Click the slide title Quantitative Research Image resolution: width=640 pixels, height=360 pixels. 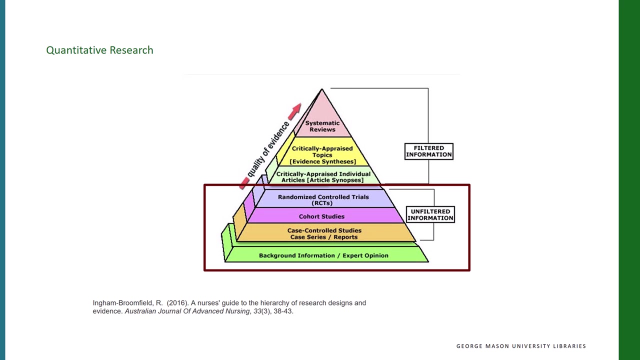99,50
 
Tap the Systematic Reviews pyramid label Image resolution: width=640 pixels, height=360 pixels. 322,126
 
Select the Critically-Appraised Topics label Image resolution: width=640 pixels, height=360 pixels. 322,151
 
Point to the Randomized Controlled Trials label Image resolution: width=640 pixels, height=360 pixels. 323,197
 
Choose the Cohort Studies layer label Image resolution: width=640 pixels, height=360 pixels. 321,216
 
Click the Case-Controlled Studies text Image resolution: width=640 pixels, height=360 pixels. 324,230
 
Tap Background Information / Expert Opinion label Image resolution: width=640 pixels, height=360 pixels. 323,255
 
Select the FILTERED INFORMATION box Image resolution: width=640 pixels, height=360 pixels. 428,151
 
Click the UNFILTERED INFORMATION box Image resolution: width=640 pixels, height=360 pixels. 430,214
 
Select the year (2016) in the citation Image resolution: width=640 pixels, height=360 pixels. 177,303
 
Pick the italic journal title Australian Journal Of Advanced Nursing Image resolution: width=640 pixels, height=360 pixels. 187,311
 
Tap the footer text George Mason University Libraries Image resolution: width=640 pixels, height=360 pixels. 521,346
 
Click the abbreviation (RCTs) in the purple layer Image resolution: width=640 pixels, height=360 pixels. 322,203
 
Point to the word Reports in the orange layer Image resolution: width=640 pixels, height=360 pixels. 345,237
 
